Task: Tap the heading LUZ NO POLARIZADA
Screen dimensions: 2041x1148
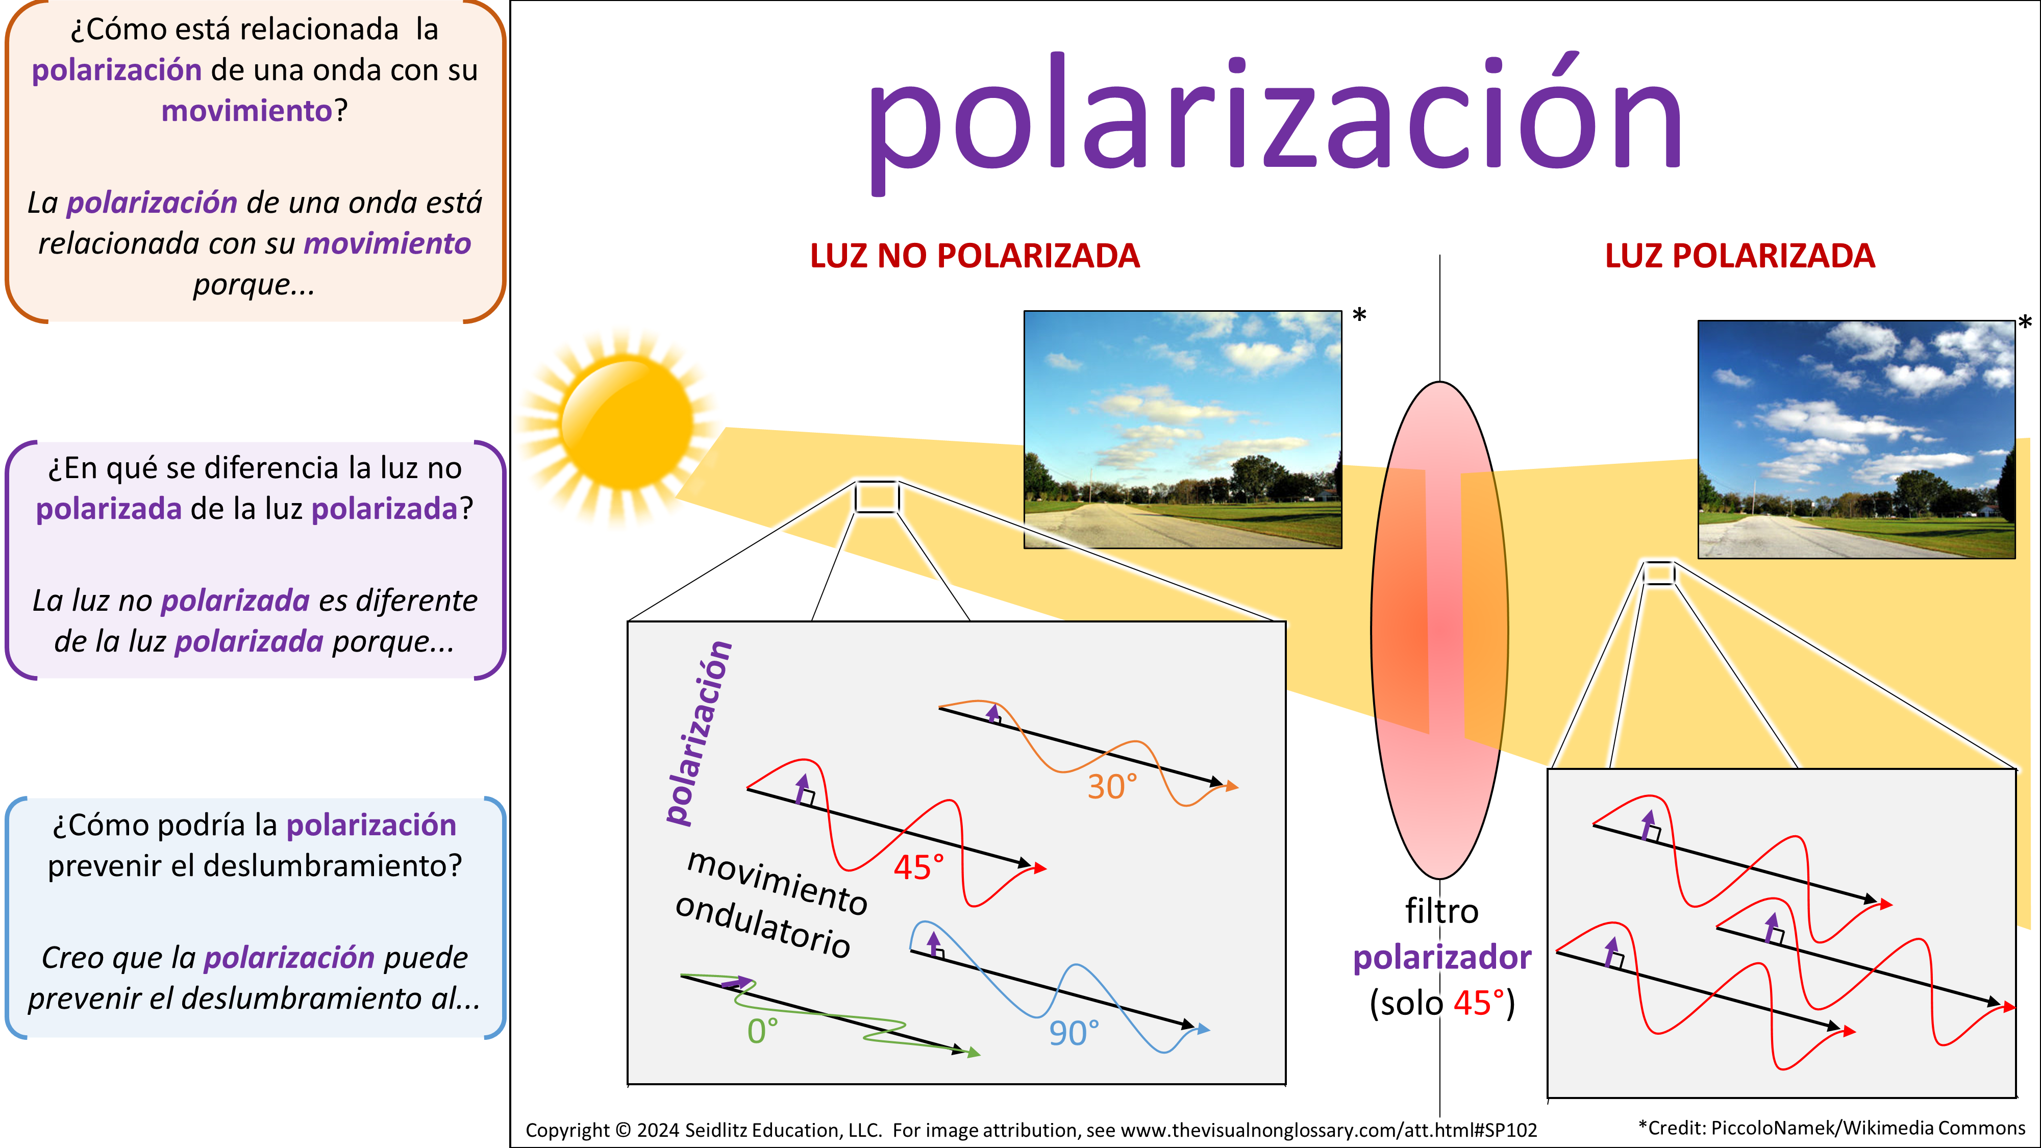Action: pyautogui.click(x=975, y=256)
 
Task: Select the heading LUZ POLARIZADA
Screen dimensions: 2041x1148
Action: pyautogui.click(x=1740, y=256)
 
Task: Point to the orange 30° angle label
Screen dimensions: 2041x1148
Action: pyautogui.click(x=1112, y=787)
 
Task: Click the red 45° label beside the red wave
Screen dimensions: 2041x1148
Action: pyautogui.click(x=919, y=867)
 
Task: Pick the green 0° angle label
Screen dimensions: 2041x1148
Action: pyautogui.click(x=762, y=1031)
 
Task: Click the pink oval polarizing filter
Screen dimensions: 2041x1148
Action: pyautogui.click(x=1439, y=630)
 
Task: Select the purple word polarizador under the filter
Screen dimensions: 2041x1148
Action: pyautogui.click(x=1442, y=957)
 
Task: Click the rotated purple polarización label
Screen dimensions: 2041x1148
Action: pyautogui.click(x=697, y=733)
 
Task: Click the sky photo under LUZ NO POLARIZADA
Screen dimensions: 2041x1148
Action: pyautogui.click(x=1183, y=430)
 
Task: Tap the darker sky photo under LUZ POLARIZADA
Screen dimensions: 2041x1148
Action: pyautogui.click(x=1856, y=440)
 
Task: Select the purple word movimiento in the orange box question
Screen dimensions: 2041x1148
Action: pyautogui.click(x=246, y=111)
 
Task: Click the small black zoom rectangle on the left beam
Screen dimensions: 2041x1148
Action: pyautogui.click(x=876, y=497)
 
